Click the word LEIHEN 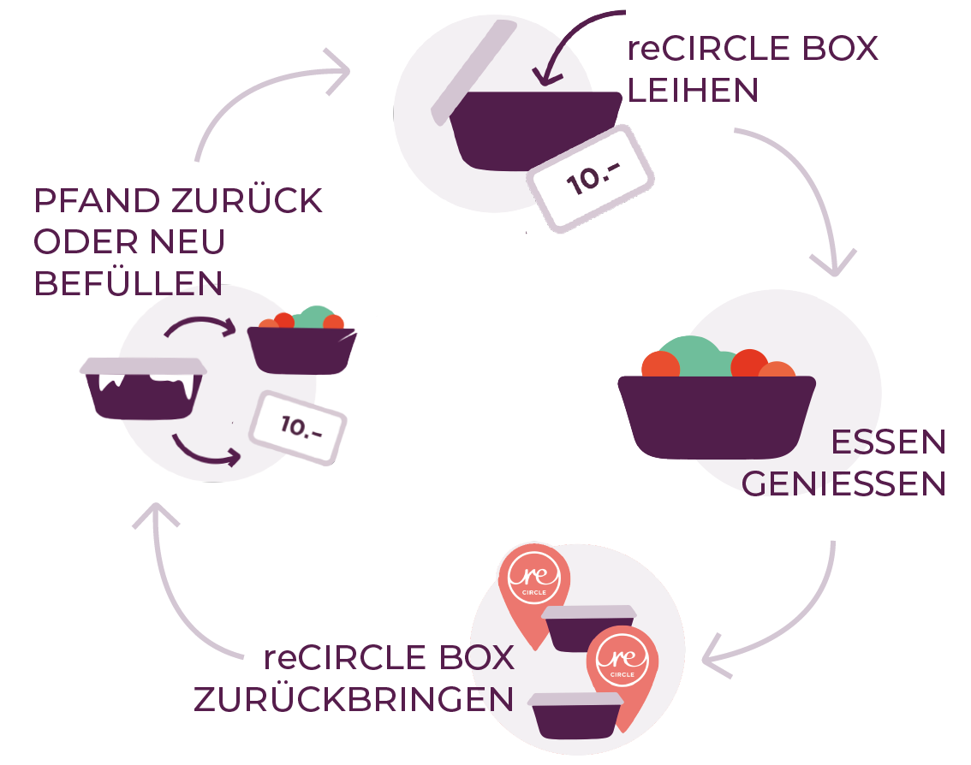click(693, 90)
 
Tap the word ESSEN click(888, 442)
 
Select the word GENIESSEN click(843, 484)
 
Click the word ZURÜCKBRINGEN click(354, 699)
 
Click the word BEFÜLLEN click(128, 283)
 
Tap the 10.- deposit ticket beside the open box click(591, 178)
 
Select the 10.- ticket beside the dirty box click(296, 428)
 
